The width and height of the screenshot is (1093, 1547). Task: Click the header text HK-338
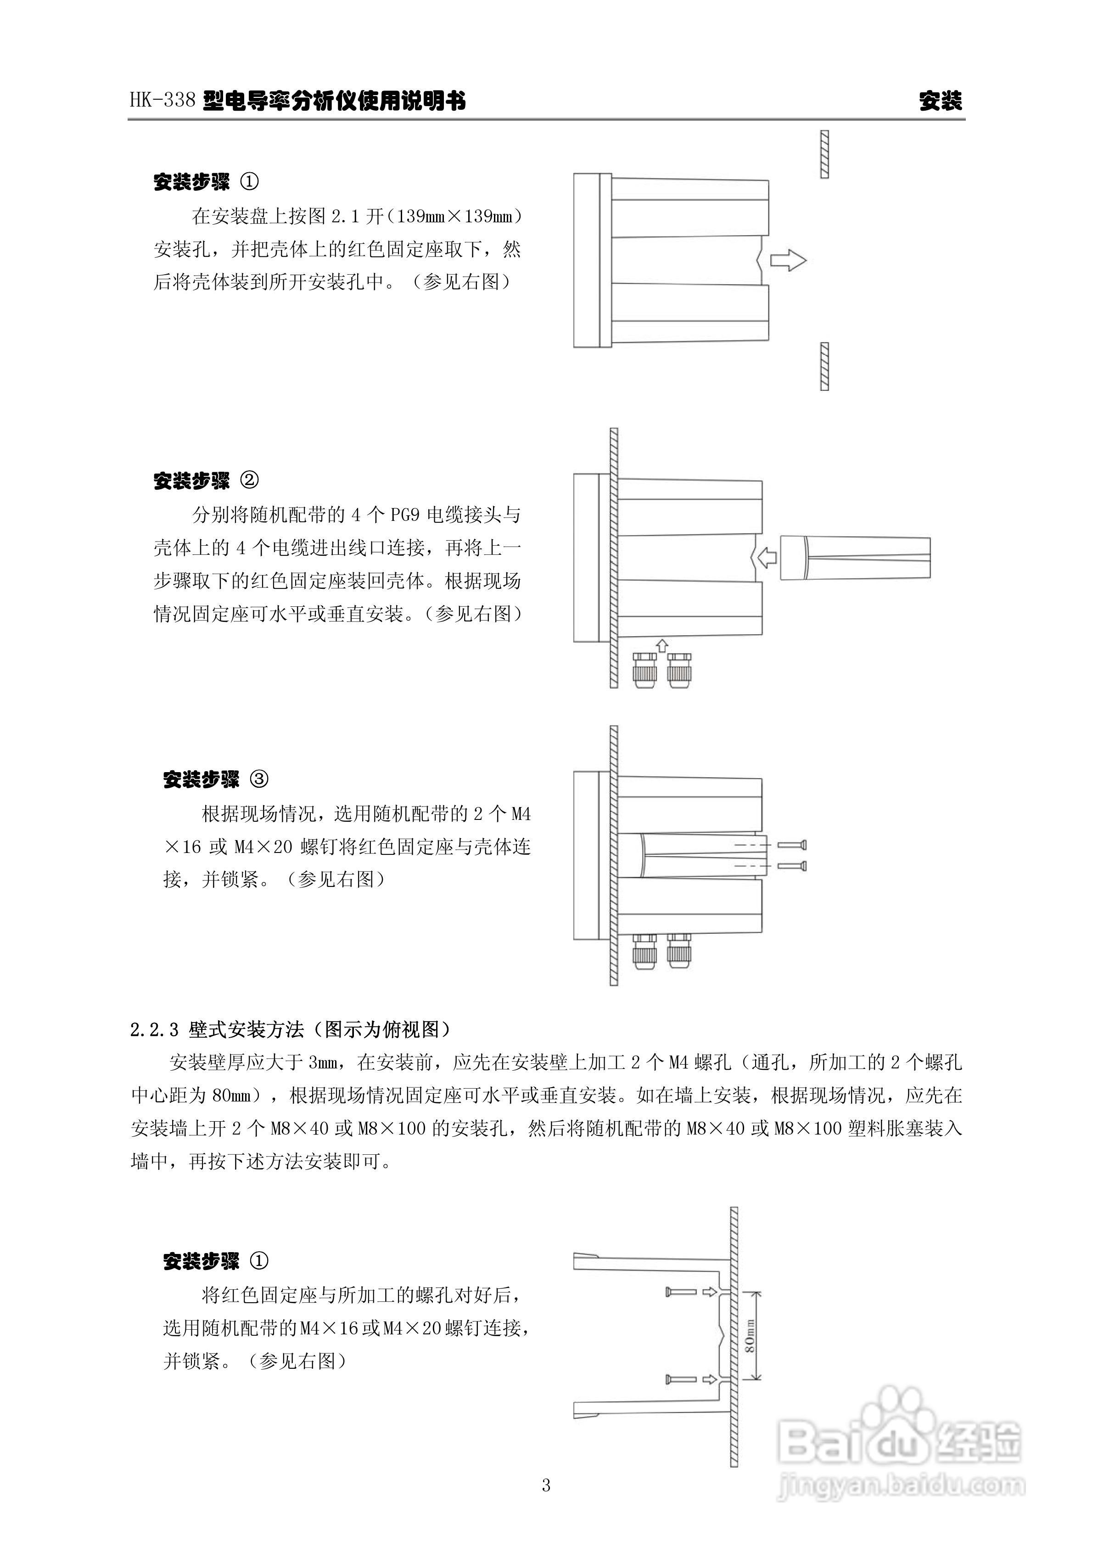(163, 101)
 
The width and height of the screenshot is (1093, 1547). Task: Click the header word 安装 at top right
(940, 101)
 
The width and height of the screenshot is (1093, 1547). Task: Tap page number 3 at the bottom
(546, 1503)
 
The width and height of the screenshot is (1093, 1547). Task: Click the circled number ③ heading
(258, 779)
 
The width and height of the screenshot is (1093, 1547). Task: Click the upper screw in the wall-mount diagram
(681, 1291)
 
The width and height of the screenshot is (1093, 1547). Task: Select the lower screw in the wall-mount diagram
(681, 1379)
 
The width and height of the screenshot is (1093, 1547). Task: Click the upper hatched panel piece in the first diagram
(824, 154)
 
